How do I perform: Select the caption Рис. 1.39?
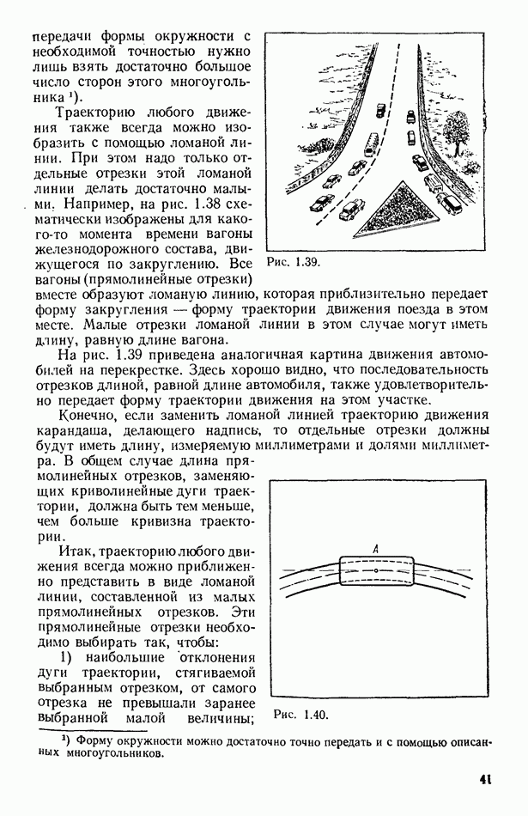[x=293, y=260]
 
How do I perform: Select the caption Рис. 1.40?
[x=300, y=714]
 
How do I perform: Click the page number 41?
[x=486, y=781]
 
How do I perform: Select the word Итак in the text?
[x=76, y=550]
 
